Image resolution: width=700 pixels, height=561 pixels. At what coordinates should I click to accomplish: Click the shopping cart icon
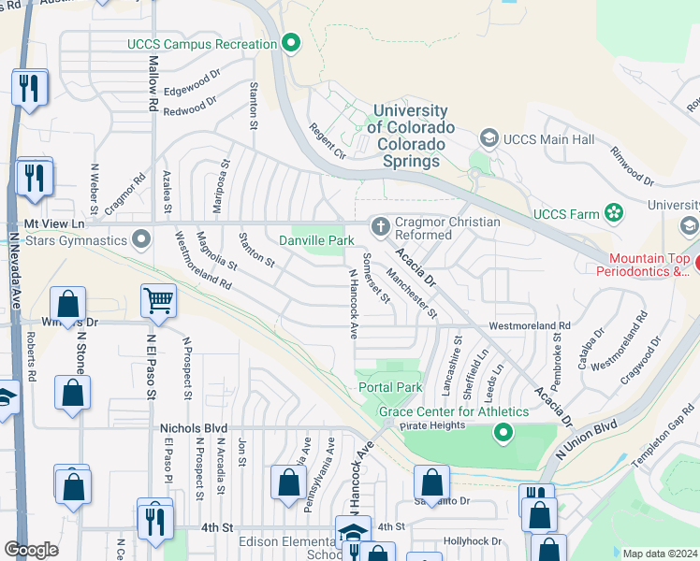pyautogui.click(x=158, y=301)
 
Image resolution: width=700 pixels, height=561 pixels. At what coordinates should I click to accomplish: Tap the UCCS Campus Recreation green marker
pyautogui.click(x=291, y=43)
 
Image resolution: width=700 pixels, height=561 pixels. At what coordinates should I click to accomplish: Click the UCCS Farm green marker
pyautogui.click(x=614, y=214)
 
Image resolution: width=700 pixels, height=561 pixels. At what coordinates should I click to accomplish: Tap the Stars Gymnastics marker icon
pyautogui.click(x=141, y=239)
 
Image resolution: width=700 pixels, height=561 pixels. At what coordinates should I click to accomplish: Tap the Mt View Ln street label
pyautogui.click(x=53, y=224)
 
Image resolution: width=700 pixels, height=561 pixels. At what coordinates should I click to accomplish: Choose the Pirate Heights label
pyautogui.click(x=432, y=425)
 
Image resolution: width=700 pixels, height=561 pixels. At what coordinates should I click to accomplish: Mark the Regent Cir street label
pyautogui.click(x=328, y=143)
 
